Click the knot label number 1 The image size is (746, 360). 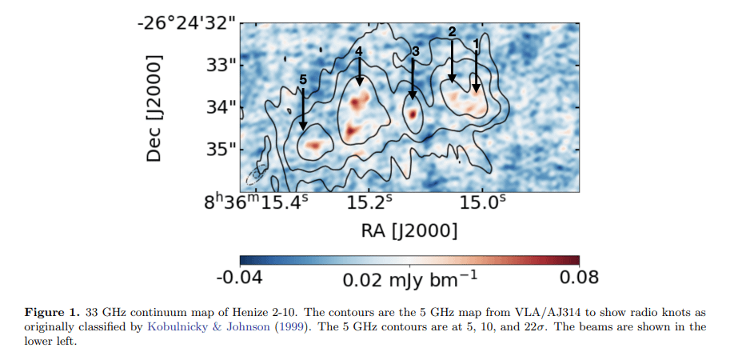point(477,42)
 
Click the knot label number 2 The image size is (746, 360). point(452,32)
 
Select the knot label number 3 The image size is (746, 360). point(414,51)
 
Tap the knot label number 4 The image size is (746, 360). point(359,51)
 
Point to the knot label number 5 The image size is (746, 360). point(303,79)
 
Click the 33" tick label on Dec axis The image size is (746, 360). point(221,64)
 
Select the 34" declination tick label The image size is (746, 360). point(221,106)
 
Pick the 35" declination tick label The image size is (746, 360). point(221,149)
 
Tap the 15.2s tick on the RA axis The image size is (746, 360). point(369,203)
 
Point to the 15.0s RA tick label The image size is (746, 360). point(483,203)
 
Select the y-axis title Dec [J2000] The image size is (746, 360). point(155,109)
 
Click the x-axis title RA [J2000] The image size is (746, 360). point(409,231)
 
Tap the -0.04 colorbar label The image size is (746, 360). point(239,278)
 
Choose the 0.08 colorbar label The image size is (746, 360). point(578,278)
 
